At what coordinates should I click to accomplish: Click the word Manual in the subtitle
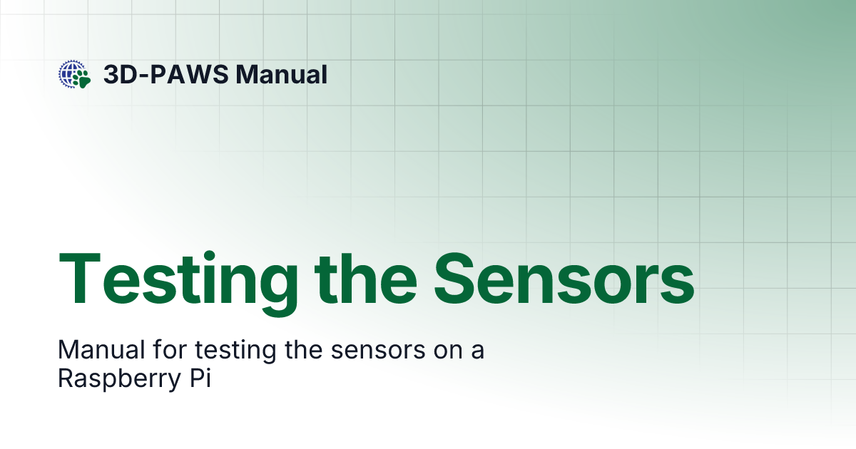[x=98, y=351]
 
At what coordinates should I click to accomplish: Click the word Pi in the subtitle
[x=202, y=378]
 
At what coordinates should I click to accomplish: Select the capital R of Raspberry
[x=65, y=378]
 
